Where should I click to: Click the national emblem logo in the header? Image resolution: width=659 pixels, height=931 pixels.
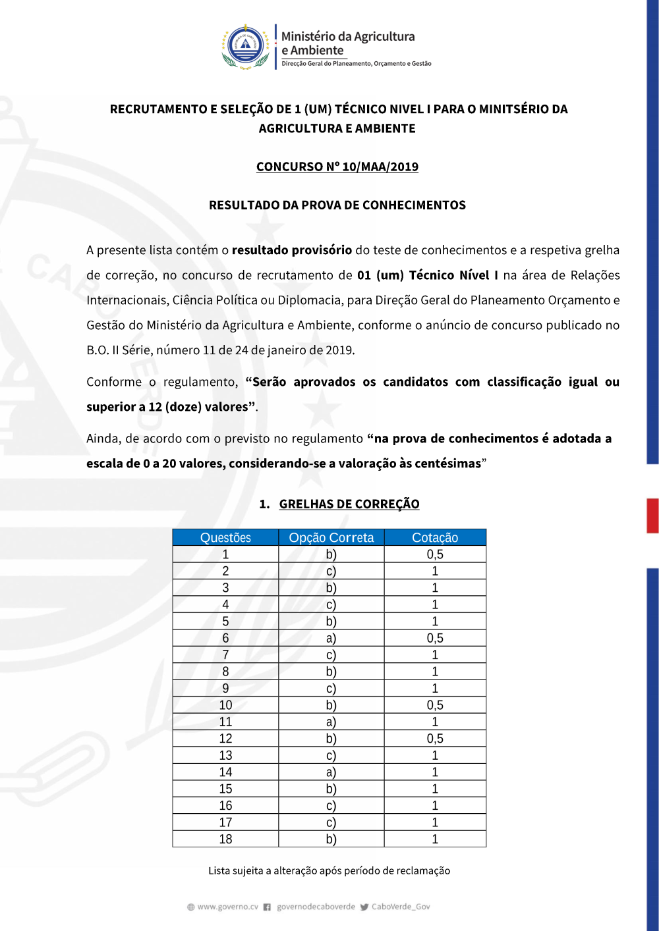point(245,47)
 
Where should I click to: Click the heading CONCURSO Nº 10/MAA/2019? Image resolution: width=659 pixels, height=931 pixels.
point(337,167)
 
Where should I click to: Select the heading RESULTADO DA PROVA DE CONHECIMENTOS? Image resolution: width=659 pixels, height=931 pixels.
point(337,205)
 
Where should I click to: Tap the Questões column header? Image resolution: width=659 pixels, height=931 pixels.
point(225,537)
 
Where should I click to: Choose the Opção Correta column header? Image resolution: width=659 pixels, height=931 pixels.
point(331,537)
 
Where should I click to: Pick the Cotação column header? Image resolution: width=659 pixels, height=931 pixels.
point(435,537)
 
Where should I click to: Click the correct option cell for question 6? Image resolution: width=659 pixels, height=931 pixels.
point(331,638)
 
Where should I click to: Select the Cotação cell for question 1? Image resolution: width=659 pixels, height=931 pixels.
point(435,554)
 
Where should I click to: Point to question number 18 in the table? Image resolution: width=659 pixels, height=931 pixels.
point(225,839)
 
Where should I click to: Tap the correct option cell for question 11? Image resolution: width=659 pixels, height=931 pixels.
point(331,722)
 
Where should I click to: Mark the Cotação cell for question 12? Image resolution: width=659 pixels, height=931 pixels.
point(435,739)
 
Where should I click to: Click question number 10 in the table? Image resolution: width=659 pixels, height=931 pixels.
point(225,705)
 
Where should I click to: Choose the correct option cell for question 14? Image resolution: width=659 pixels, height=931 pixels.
point(331,772)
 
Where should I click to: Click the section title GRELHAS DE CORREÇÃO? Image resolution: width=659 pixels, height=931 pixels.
point(349,504)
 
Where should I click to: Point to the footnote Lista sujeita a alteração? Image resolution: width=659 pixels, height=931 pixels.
point(329,870)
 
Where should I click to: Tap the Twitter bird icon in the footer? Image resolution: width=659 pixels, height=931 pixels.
point(364,907)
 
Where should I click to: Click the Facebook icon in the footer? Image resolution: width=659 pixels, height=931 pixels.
point(267,907)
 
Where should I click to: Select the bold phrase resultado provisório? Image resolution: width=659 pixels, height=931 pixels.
point(291,250)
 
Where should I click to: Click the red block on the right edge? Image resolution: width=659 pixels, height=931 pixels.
point(652,516)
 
